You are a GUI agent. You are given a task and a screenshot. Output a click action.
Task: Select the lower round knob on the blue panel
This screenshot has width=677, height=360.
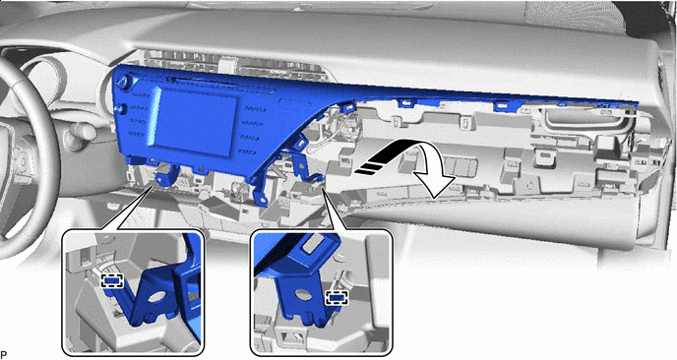pyautogui.click(x=121, y=109)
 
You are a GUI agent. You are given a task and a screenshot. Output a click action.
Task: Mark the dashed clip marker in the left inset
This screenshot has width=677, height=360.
pyautogui.click(x=112, y=281)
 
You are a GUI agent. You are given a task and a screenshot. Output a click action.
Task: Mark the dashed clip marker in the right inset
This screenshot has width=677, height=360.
pyautogui.click(x=337, y=298)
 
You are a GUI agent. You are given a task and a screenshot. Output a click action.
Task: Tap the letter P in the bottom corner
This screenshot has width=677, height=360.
pyautogui.click(x=4, y=355)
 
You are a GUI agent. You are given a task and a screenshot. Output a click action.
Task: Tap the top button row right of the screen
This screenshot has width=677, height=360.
pyautogui.click(x=253, y=109)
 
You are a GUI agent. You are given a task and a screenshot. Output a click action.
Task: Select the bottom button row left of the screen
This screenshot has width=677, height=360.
pyautogui.click(x=137, y=134)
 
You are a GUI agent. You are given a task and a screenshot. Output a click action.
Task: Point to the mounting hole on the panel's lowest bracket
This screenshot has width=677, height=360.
pyautogui.click(x=261, y=200)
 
